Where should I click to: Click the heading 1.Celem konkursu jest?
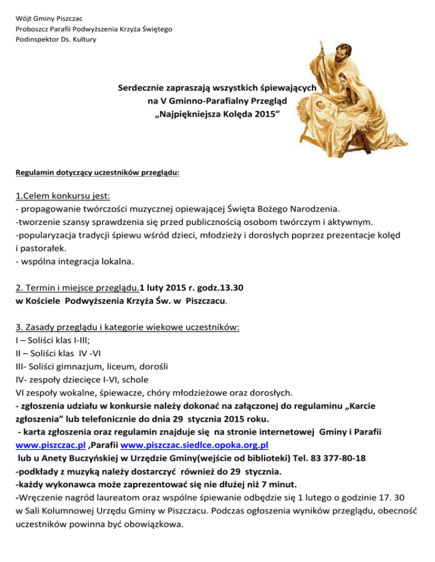click(62, 197)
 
